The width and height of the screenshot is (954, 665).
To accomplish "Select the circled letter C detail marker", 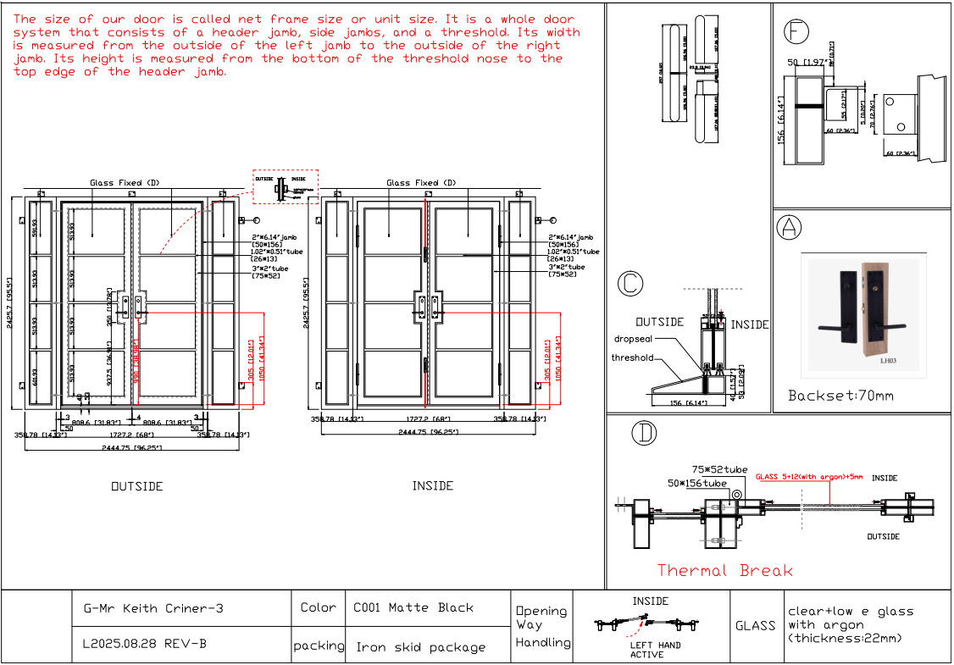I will pos(630,284).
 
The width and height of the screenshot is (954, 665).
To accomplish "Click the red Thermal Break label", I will pos(725,570).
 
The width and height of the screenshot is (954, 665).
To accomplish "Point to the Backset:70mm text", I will pos(840,396).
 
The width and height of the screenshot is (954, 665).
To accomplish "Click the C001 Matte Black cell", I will pos(413,607).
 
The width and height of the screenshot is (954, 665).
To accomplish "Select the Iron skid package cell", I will pos(420,647).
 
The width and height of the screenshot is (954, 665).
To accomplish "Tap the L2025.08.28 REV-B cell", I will pos(144,644).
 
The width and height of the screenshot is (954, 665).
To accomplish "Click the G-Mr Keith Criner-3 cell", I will pos(153,608).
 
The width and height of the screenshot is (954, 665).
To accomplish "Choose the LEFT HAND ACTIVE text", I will pos(655,650).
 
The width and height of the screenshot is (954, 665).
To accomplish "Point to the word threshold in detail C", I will pos(633,357).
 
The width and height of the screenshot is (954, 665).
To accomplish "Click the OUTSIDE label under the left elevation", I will pos(137,486).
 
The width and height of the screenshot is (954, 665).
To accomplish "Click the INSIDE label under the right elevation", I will pos(433,485).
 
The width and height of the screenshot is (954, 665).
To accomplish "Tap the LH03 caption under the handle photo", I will pos(887,360).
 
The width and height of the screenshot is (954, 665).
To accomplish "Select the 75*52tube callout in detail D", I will pos(719,468).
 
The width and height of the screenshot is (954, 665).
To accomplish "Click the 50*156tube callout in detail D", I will pos(696,484).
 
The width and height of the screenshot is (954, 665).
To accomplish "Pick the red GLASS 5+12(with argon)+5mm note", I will pos(809,477).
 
